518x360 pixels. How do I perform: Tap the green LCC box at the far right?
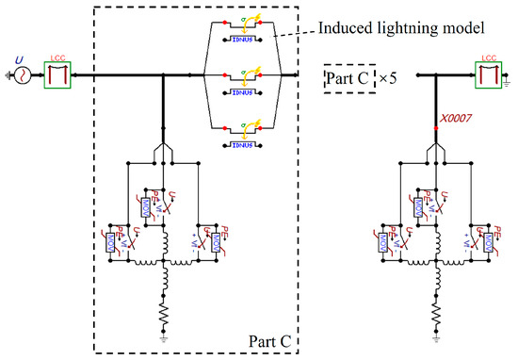point(489,74)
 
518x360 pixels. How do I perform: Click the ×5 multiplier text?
point(386,74)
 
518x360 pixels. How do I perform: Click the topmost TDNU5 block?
point(246,41)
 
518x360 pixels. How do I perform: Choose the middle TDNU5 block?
point(246,93)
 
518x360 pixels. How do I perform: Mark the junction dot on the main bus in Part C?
point(165,74)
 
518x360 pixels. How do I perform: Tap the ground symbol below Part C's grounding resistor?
point(167,337)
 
